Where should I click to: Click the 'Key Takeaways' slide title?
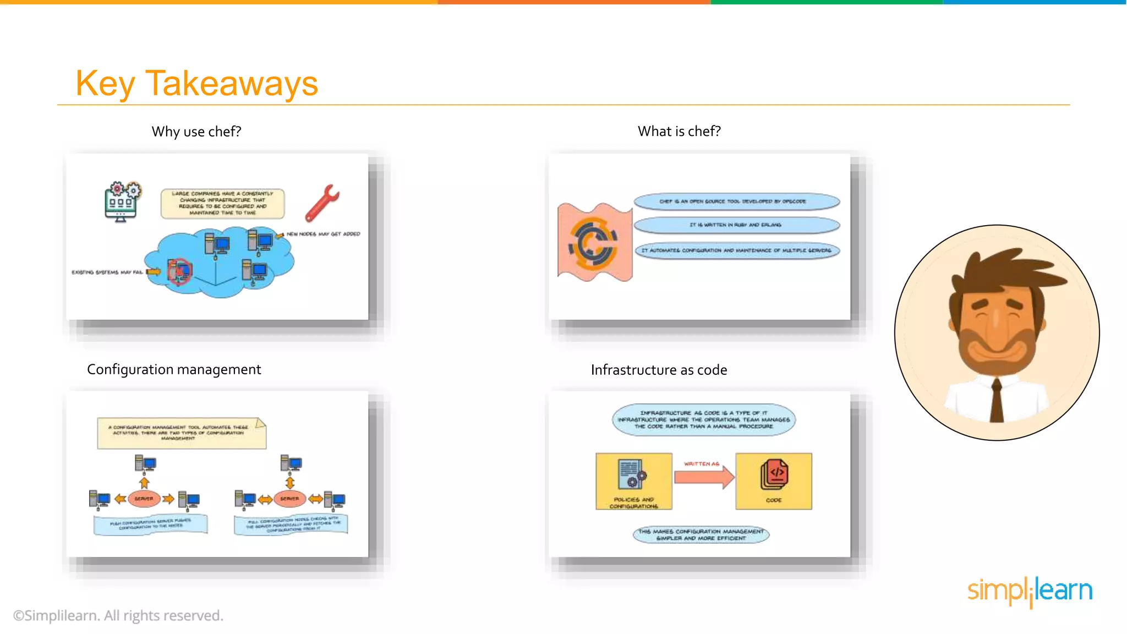(x=196, y=84)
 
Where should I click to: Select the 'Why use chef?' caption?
(x=196, y=132)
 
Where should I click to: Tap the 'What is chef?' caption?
(x=679, y=132)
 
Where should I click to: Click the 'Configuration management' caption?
(x=174, y=369)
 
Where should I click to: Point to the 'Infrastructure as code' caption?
(x=659, y=370)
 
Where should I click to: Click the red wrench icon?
(x=322, y=203)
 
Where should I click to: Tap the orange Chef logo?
(x=593, y=243)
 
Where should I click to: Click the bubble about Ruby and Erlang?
(x=736, y=225)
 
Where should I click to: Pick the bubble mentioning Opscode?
(x=736, y=201)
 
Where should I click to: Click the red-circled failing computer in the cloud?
(x=179, y=271)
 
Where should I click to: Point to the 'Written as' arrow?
(x=704, y=475)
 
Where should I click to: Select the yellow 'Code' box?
(x=773, y=481)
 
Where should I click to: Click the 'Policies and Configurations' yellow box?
(x=633, y=481)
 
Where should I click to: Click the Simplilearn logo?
(x=1029, y=591)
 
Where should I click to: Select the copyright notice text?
(x=118, y=615)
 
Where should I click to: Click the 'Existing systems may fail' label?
(x=107, y=272)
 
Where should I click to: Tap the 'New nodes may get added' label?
(x=323, y=234)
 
